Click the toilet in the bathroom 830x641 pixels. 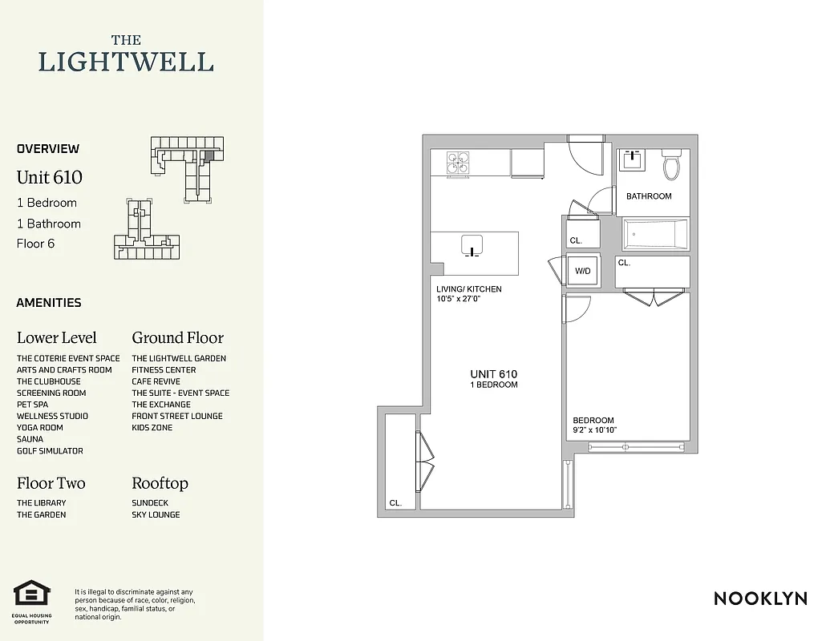coord(670,166)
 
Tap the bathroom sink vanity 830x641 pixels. coord(634,159)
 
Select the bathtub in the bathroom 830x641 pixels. coord(656,233)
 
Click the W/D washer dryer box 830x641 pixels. coord(582,271)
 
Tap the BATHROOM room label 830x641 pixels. coord(649,196)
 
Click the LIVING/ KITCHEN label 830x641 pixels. coord(468,289)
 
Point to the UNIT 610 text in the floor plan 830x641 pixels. coord(493,374)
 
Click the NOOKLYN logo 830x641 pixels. coord(759,599)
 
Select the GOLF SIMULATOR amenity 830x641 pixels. coord(50,451)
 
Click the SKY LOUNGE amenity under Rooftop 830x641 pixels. coord(156,514)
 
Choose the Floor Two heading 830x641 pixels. coord(51,483)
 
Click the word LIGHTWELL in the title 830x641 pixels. coord(127,62)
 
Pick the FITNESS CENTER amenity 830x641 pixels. coord(164,370)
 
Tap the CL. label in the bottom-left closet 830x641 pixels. coord(395,503)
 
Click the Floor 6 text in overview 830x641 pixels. coord(36,244)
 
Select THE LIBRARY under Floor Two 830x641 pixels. coord(42,503)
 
